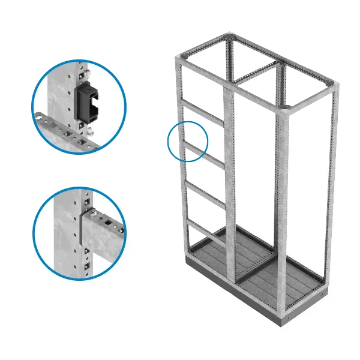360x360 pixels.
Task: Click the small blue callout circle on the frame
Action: (x=188, y=141)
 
